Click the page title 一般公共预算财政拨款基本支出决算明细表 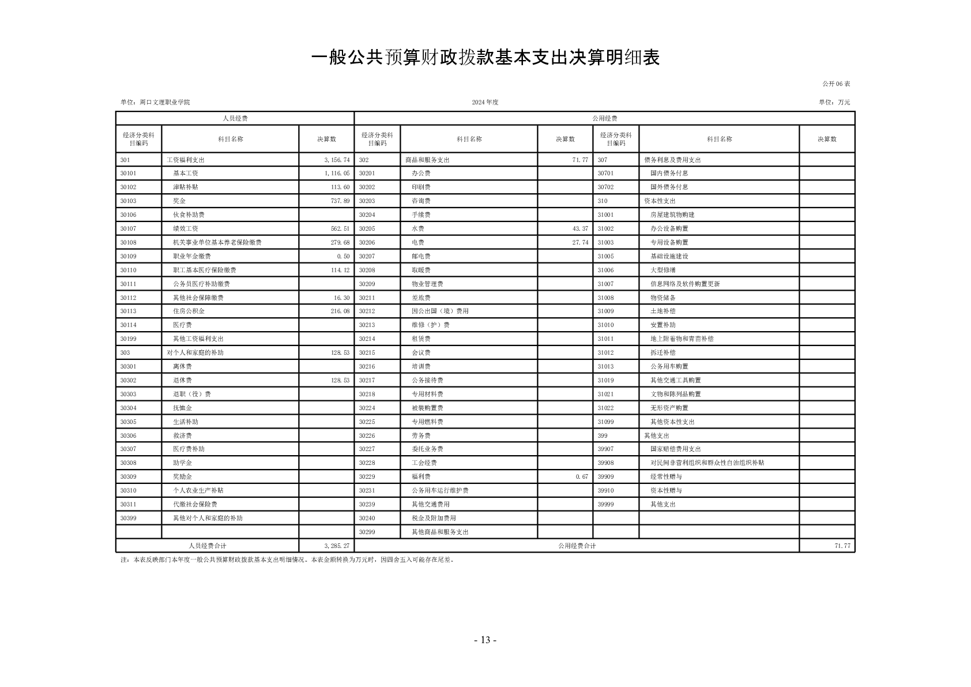485,58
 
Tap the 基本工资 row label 186,173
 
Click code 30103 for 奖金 128,201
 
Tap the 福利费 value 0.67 582,476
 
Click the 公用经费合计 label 577,546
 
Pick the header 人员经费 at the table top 235,118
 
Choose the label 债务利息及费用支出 672,160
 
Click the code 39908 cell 605,463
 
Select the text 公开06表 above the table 836,84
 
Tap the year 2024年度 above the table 485,102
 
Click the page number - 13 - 485,640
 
